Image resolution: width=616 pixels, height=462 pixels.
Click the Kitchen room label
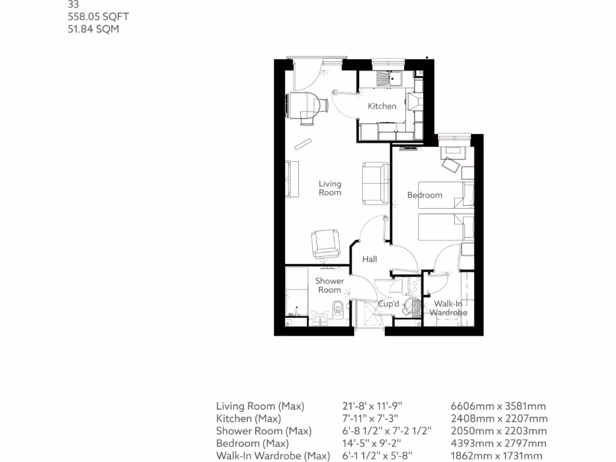(382, 106)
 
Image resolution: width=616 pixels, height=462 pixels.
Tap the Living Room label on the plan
(330, 188)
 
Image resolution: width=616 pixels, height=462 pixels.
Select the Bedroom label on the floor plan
(425, 195)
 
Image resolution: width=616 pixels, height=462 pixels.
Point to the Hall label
(369, 259)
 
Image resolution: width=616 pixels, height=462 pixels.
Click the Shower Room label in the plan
(330, 285)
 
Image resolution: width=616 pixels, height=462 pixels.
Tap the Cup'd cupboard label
(388, 304)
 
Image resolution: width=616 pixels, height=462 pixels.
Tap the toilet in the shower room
(338, 309)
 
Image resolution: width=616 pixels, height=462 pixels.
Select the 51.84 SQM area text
(93, 28)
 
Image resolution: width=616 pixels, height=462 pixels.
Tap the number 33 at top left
(73, 4)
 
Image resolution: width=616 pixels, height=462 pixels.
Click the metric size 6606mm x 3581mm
(498, 407)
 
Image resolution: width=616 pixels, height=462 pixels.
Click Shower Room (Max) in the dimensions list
(263, 431)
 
